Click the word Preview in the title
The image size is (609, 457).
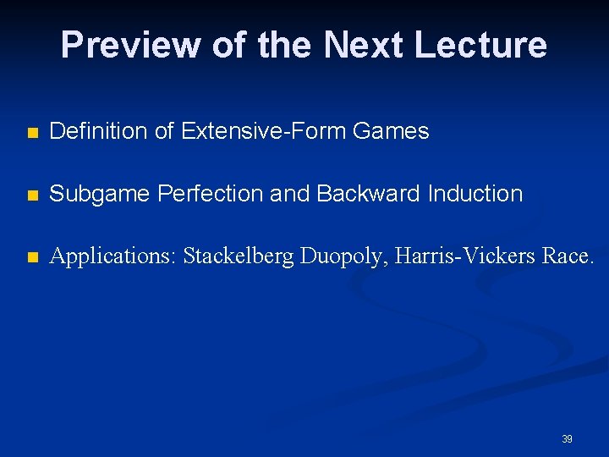[x=129, y=45]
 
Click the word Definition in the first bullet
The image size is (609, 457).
[x=90, y=131]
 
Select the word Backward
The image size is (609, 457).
[x=366, y=194]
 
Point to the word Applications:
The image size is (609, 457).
[x=112, y=256]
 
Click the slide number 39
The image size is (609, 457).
[x=567, y=439]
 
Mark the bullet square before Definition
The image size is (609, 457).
[x=32, y=133]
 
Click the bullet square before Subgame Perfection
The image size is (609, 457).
[x=32, y=195]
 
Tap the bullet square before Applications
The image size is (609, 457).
[x=32, y=257]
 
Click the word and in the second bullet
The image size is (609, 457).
[x=292, y=194]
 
